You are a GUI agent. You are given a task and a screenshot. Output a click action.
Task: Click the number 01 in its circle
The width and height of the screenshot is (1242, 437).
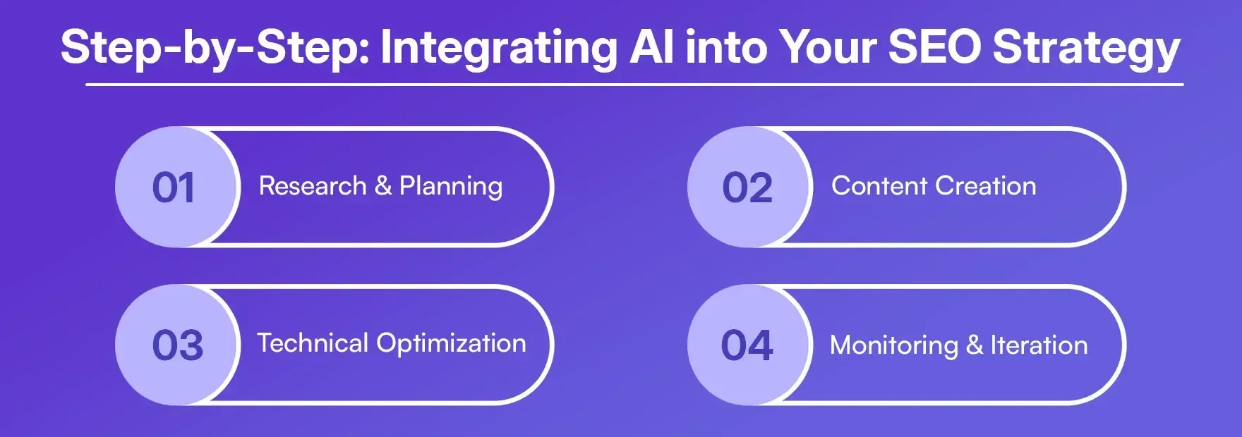[x=174, y=188]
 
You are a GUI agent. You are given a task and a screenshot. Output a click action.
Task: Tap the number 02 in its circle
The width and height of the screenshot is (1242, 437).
[x=747, y=188]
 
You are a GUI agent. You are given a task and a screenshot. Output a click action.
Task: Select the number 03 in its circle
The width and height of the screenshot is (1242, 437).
[x=178, y=345]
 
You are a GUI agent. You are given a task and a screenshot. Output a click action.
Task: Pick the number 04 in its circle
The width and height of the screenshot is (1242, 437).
[x=747, y=345]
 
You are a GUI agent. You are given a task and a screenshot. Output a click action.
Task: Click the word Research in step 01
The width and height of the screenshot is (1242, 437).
[x=313, y=186]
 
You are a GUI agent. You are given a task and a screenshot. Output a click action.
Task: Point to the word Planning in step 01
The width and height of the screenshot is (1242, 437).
[x=451, y=187]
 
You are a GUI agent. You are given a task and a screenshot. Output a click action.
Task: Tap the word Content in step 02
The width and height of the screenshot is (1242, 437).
[x=879, y=186]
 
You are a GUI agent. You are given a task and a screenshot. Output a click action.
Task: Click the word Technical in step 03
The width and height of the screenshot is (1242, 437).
[x=313, y=343]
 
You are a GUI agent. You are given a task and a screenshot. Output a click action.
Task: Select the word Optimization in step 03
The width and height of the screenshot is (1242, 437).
[x=451, y=344]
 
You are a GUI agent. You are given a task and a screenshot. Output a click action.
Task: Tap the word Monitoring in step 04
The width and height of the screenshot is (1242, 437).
[x=894, y=345]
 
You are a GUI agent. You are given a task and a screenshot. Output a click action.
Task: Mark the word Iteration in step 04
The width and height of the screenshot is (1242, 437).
[x=1039, y=345]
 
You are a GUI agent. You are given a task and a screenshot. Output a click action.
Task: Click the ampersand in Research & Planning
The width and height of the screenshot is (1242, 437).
[x=383, y=186]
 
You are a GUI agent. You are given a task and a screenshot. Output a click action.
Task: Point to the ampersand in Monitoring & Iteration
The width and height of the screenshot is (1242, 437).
[x=975, y=345]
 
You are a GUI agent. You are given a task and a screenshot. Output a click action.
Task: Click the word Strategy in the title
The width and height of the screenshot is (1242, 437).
[x=1086, y=48]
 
